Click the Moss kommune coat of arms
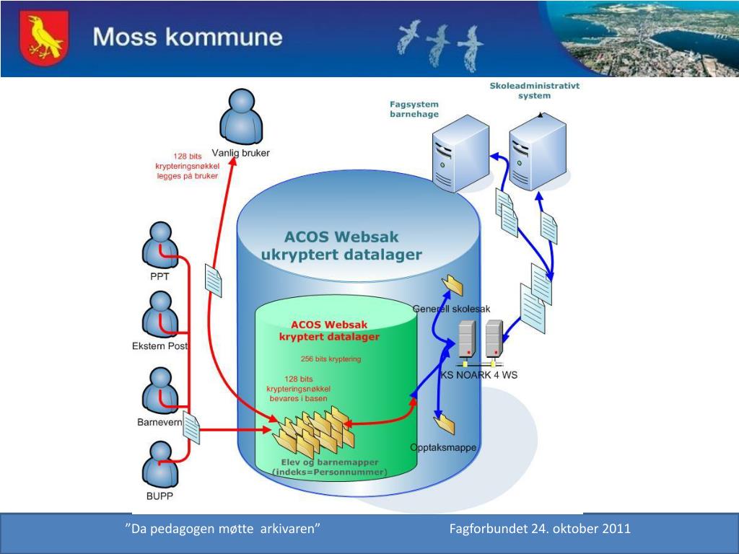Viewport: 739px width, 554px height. coord(44,38)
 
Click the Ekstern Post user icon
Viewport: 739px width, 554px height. coord(159,315)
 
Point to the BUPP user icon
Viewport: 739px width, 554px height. coord(159,465)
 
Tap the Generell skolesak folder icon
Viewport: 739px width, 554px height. coord(453,285)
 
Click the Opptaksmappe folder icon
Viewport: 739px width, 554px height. coord(443,423)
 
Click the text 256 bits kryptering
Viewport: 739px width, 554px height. coord(331,359)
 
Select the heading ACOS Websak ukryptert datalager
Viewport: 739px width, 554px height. coord(341,245)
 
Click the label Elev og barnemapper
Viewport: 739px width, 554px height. coord(329,462)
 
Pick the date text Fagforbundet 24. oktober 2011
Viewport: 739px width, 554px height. coord(540,529)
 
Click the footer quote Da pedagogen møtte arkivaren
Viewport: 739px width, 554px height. coord(223,529)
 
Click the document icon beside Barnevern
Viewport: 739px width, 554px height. coord(191,428)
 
